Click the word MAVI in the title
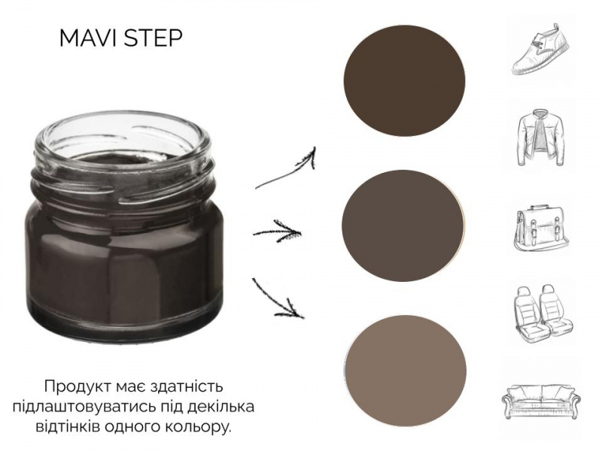[89, 38]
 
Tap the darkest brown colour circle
[404, 80]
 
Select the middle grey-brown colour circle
[403, 225]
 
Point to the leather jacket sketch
[541, 138]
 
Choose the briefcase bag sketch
[541, 229]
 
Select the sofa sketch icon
[541, 400]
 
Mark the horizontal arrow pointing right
[277, 232]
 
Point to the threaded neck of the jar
[123, 183]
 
